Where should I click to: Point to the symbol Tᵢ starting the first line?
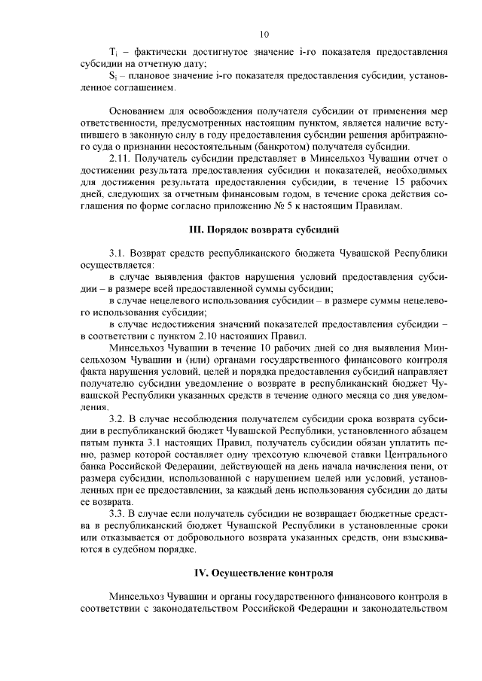(113, 53)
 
